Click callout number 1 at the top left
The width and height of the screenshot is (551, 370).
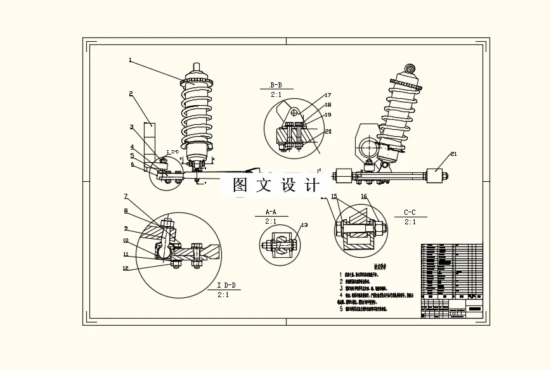(x=130, y=61)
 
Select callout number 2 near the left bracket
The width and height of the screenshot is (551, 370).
(x=131, y=94)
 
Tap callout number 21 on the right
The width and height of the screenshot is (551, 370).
(x=453, y=154)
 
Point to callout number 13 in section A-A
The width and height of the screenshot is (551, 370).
(x=304, y=225)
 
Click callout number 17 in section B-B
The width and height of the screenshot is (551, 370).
(x=328, y=96)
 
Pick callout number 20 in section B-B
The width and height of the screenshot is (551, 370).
(x=328, y=132)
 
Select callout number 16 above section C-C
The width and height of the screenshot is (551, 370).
(x=364, y=197)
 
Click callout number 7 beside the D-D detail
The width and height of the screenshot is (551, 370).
(x=126, y=196)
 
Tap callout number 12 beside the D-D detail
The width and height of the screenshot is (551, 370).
(x=126, y=268)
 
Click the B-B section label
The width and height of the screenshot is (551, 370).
(x=276, y=85)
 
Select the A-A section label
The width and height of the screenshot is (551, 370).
(x=271, y=212)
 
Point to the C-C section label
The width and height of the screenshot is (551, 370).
(x=410, y=212)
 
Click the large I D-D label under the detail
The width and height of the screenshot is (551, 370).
(x=226, y=286)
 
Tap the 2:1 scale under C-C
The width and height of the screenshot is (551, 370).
(x=410, y=222)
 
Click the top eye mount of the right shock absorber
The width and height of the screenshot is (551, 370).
(x=410, y=68)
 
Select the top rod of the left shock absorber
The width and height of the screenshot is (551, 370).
(x=197, y=67)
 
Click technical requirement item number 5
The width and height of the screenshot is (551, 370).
(x=340, y=309)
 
